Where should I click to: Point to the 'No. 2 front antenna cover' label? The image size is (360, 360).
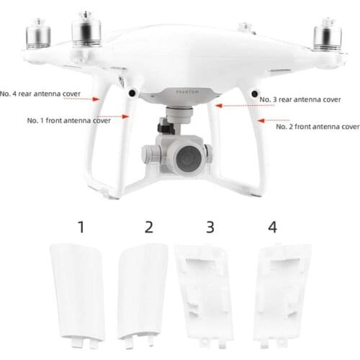(318, 126)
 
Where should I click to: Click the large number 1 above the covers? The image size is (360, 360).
(81, 228)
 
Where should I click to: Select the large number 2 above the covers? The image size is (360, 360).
(148, 228)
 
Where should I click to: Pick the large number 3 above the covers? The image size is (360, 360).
(210, 228)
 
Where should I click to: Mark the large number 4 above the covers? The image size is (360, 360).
(272, 228)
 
